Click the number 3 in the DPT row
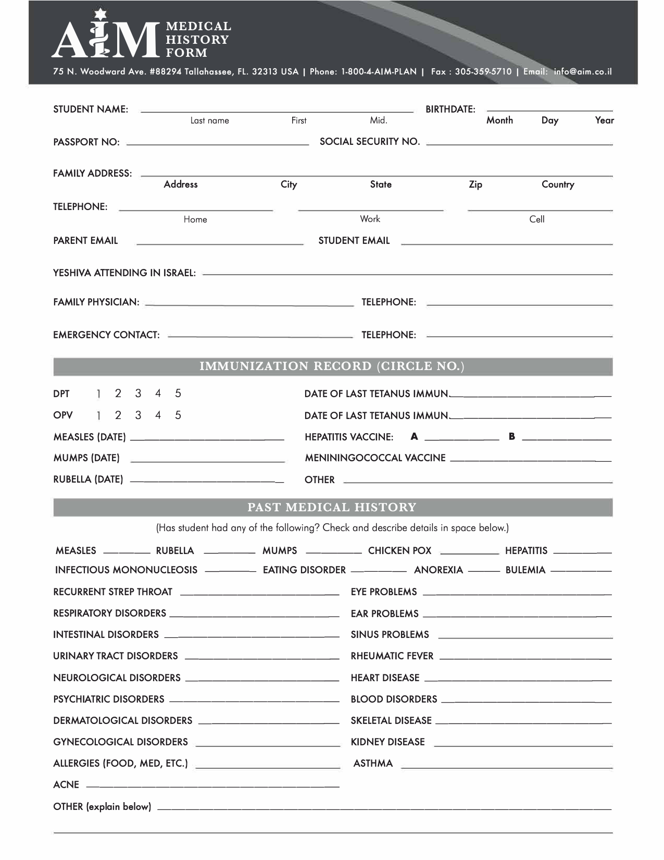(x=138, y=394)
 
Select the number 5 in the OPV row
(x=178, y=415)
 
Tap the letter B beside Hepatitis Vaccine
(x=512, y=437)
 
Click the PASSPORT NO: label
(x=86, y=142)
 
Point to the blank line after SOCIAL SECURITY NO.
(x=519, y=143)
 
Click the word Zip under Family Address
(x=475, y=185)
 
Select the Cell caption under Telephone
(x=537, y=219)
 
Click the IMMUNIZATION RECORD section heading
(x=332, y=366)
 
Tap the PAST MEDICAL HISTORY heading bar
(x=332, y=507)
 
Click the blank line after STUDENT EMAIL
(x=507, y=243)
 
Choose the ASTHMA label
(x=373, y=764)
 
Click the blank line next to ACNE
(x=212, y=786)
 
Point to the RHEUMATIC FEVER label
(x=392, y=656)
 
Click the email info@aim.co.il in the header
(x=583, y=71)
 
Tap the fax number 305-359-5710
(x=483, y=71)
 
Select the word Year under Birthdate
(x=604, y=120)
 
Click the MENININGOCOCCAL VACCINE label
(x=375, y=458)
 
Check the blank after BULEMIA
(x=581, y=571)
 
